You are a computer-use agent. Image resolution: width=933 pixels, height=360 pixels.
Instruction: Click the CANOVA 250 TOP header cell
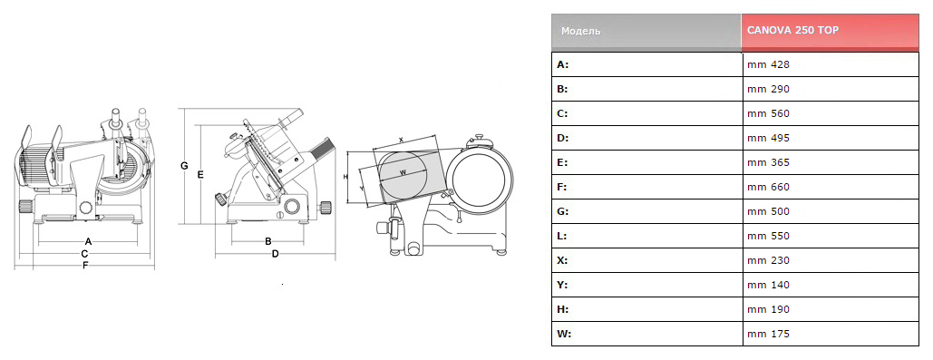830,32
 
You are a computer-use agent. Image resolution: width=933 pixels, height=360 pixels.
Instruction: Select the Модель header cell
646,32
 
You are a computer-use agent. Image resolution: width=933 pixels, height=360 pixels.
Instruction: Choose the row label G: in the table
563,211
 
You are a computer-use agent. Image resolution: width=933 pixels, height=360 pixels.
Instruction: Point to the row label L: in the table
562,236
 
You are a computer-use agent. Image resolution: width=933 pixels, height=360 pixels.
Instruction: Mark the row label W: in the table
564,334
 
